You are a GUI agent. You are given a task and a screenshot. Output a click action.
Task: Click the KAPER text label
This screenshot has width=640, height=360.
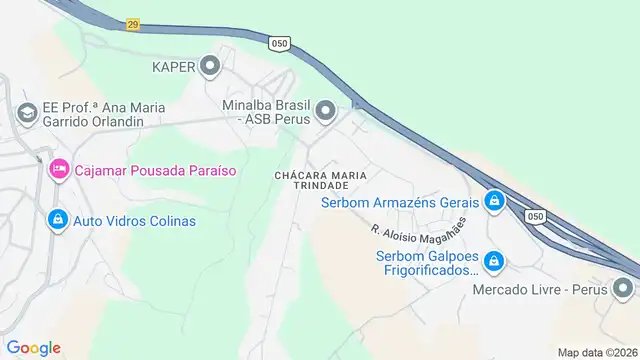click(x=172, y=67)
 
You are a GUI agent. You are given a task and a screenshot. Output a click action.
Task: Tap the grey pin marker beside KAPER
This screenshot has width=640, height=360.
click(x=210, y=67)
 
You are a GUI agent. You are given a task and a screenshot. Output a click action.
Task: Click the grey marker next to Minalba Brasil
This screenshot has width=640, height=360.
click(x=325, y=111)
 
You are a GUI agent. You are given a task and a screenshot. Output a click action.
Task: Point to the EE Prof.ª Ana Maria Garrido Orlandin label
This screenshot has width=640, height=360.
click(x=81, y=113)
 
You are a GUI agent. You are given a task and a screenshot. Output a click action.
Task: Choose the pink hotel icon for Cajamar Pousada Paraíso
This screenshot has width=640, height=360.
click(x=58, y=170)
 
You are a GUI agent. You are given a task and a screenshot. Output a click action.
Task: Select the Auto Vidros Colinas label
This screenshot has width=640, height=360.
click(x=133, y=220)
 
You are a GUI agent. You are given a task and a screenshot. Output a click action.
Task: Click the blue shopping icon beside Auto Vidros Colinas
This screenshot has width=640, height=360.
click(x=58, y=220)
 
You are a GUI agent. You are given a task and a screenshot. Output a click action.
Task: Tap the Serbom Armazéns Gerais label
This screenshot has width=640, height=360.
click(x=400, y=202)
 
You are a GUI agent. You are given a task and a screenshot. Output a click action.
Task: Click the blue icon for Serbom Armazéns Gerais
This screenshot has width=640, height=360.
click(x=493, y=202)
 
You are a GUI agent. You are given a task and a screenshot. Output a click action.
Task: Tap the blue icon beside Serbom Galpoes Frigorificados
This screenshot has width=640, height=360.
click(x=493, y=262)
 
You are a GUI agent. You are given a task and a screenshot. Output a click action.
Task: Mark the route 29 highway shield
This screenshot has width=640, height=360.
click(x=133, y=23)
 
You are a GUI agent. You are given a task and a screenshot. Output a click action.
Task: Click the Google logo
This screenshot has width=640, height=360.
click(x=33, y=347)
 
